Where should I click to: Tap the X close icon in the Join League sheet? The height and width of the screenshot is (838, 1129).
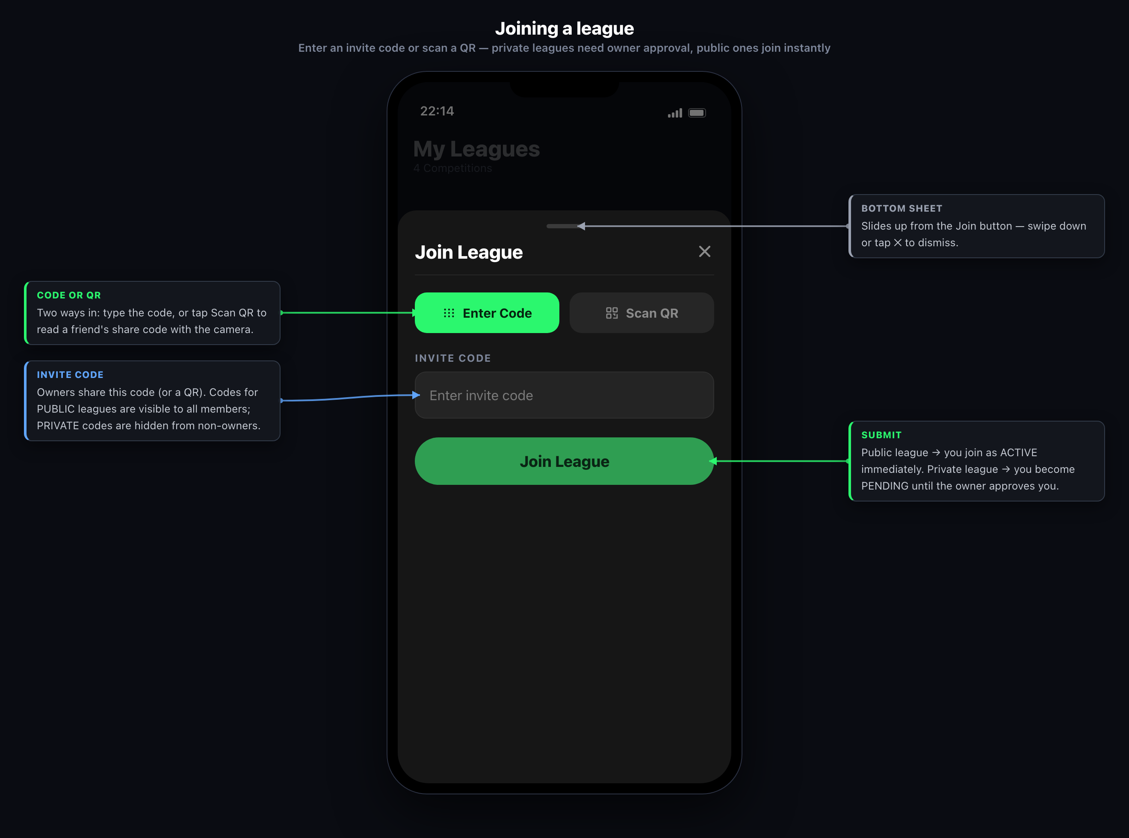(704, 251)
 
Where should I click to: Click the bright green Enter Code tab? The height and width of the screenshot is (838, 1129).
(487, 313)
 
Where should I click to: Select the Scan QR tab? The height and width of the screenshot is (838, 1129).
(641, 313)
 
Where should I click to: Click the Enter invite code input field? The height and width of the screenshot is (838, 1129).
(564, 395)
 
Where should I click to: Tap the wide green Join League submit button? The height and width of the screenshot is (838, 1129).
(564, 461)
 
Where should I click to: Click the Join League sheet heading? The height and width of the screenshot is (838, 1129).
(469, 252)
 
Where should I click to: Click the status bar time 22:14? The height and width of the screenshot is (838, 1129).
(437, 111)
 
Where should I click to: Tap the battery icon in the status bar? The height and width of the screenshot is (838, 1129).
(697, 112)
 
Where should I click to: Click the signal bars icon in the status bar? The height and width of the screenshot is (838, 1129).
(675, 113)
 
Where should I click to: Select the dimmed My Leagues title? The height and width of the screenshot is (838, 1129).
(476, 149)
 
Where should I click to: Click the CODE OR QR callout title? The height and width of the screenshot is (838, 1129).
(69, 295)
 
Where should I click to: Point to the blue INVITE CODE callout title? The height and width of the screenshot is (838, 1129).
(70, 375)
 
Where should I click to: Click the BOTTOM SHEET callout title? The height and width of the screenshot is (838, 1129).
(901, 209)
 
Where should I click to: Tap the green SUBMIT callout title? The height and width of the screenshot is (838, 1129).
(881, 435)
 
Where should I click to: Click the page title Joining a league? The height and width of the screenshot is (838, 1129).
(564, 28)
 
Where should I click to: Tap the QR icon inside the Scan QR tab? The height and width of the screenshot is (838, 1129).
(612, 313)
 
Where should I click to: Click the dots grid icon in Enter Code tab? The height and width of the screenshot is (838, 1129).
(449, 313)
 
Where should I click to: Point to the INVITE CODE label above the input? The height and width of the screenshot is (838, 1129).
(452, 358)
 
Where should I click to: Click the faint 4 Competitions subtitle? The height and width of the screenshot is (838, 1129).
(452, 168)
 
